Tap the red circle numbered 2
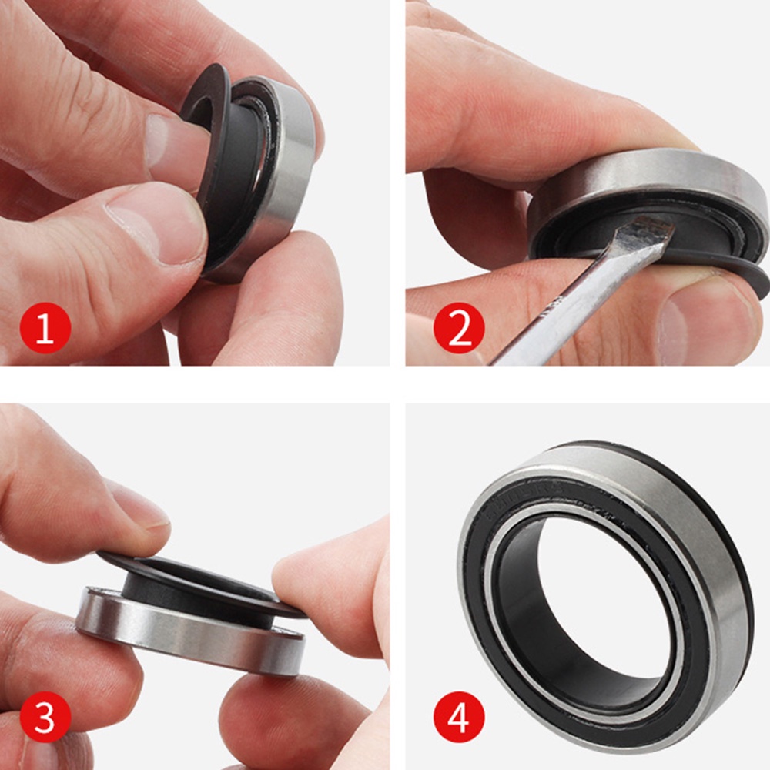click(459, 330)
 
